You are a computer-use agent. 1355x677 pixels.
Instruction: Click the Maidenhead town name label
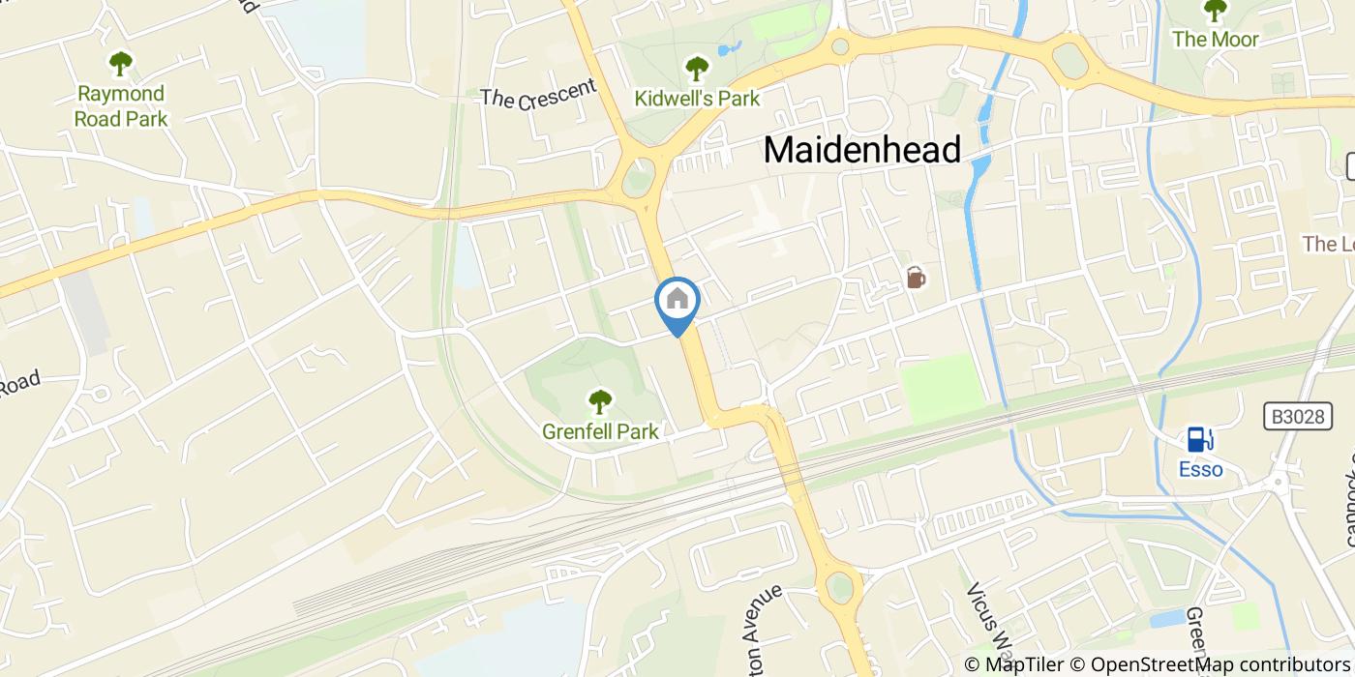pyautogui.click(x=862, y=150)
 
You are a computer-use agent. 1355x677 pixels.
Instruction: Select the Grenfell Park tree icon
pyautogui.click(x=600, y=400)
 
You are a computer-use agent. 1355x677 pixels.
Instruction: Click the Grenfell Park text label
pyautogui.click(x=600, y=431)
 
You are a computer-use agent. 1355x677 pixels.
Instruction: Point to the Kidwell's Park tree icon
pyautogui.click(x=696, y=69)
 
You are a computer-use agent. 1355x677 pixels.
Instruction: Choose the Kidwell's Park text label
pyautogui.click(x=696, y=98)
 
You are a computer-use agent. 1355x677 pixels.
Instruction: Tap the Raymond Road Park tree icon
pyautogui.click(x=121, y=64)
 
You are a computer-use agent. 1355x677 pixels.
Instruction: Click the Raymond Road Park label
pyautogui.click(x=122, y=106)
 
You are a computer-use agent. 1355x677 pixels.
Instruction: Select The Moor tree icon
pyautogui.click(x=1215, y=11)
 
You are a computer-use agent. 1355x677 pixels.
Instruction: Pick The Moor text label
pyautogui.click(x=1216, y=40)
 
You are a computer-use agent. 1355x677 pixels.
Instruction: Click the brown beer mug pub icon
pyautogui.click(x=916, y=279)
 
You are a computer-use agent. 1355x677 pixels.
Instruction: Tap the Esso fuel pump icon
pyautogui.click(x=1200, y=440)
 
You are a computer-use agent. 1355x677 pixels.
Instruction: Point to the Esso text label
pyautogui.click(x=1200, y=470)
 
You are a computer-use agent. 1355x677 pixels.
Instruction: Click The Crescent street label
pyautogui.click(x=538, y=94)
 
